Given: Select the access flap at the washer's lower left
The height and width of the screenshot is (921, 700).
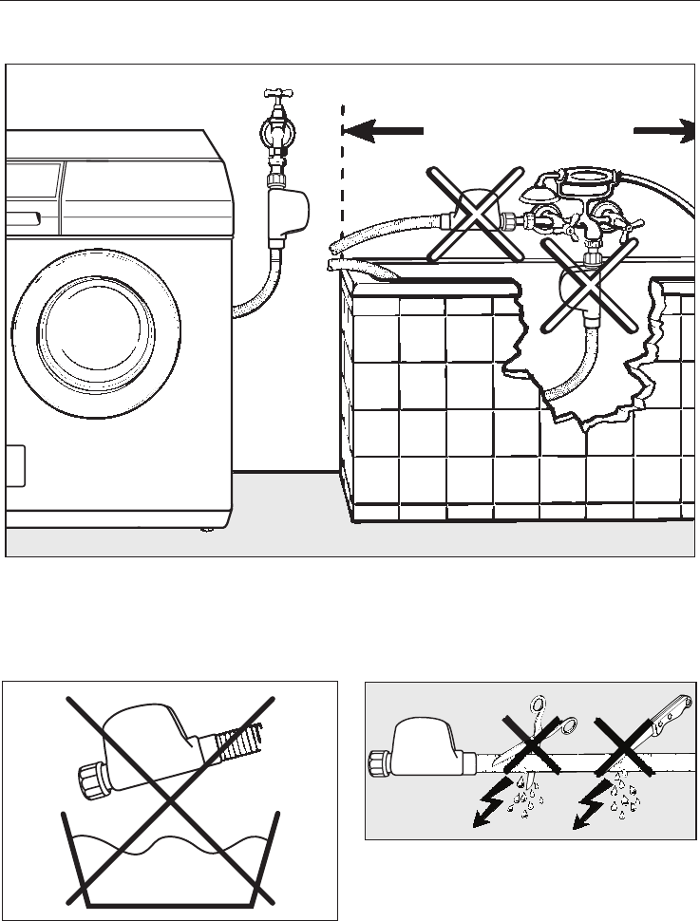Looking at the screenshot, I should pos(14,466).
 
